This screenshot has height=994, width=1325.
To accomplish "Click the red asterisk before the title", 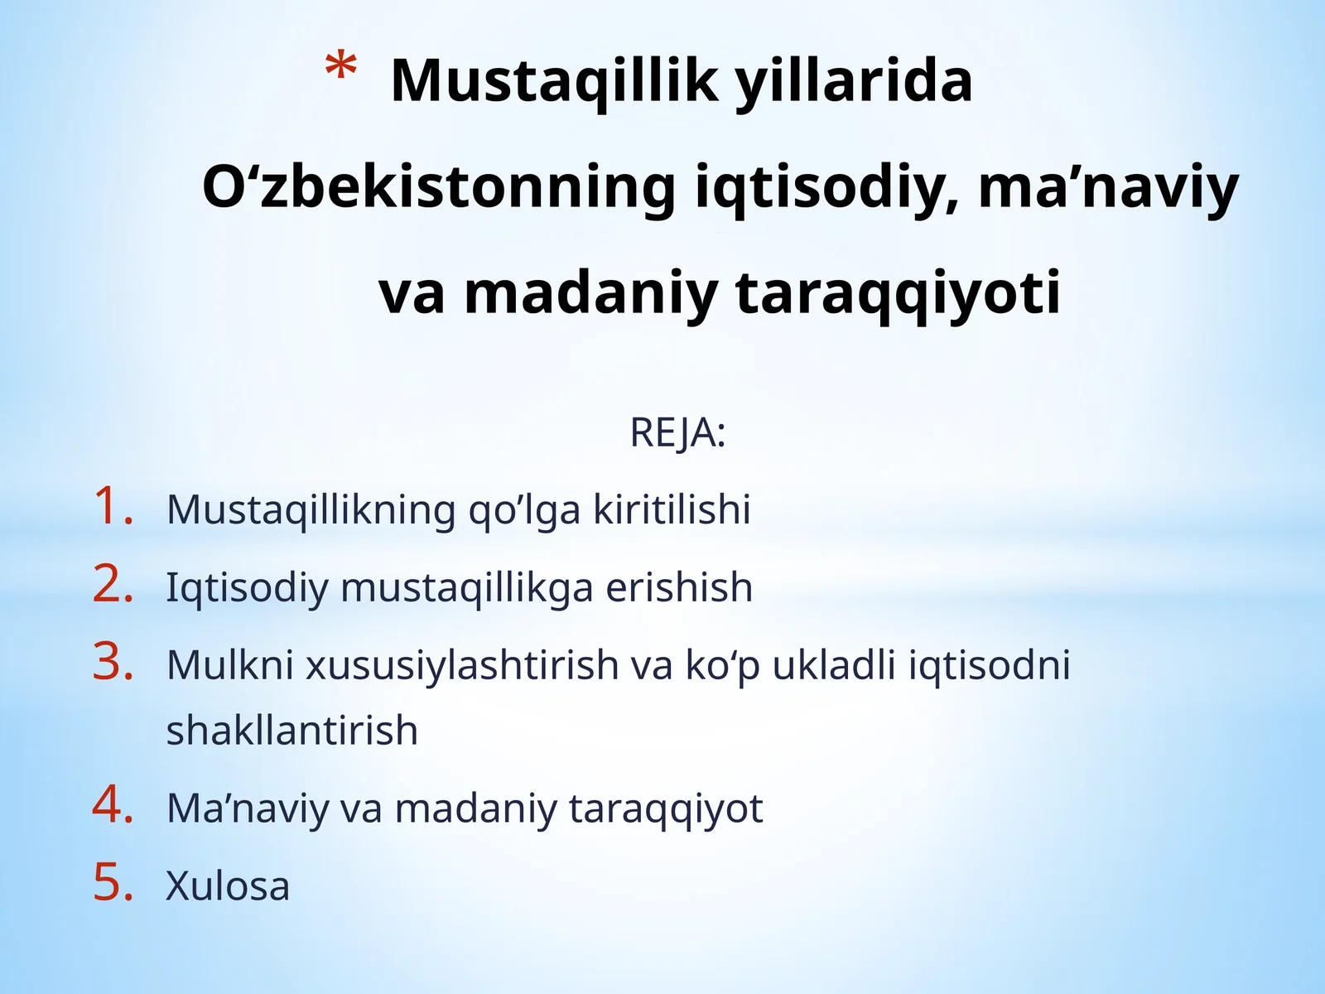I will click(x=341, y=68).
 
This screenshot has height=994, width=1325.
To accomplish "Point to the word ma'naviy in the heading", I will click(x=1108, y=187).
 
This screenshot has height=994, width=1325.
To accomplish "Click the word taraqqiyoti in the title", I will click(x=898, y=293).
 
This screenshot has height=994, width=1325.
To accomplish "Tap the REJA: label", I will click(x=677, y=432).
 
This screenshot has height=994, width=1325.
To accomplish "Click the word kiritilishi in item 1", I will click(x=672, y=509).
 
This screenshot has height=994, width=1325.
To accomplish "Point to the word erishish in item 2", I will click(x=679, y=587).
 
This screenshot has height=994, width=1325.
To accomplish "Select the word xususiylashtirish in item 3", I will click(x=461, y=665).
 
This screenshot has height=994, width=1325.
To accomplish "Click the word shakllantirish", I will click(x=291, y=731).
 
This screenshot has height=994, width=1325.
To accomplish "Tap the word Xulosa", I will click(x=228, y=885).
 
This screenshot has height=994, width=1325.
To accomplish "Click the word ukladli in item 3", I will click(x=834, y=665).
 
